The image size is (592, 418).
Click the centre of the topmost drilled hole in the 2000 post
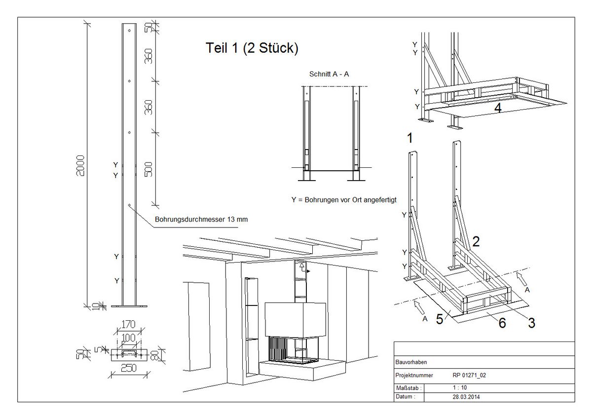coord(129,31)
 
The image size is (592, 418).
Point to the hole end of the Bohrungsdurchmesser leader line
coord(129,205)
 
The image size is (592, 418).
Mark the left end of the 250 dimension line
coord(111,375)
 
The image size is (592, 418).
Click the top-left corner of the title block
coord(394,342)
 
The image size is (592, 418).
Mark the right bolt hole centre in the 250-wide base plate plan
coord(141,355)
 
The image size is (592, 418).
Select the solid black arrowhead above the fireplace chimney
coord(308,271)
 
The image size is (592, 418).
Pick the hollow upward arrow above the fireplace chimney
coord(301,266)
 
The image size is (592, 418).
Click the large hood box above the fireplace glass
coord(295,320)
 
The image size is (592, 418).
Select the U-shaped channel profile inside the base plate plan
coord(129,352)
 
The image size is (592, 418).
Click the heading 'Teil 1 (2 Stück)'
coord(252,48)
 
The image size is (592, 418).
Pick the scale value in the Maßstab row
coord(460,387)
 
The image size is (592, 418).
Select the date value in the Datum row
coord(466,397)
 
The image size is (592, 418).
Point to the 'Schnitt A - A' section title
coord(329,74)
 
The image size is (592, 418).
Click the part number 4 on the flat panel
coord(498,108)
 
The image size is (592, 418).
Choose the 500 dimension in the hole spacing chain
coord(149,169)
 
